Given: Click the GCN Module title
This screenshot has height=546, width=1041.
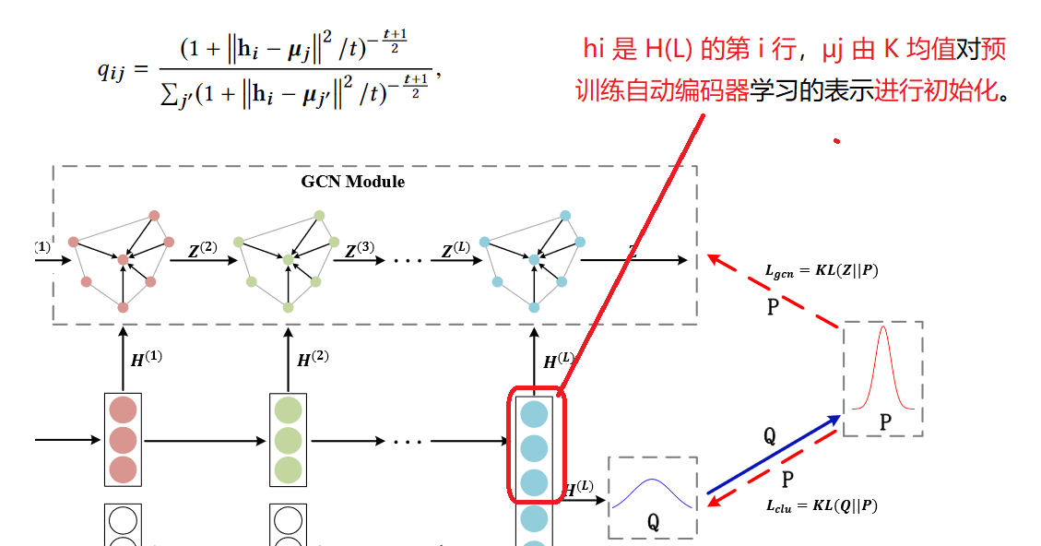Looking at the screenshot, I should [x=352, y=182].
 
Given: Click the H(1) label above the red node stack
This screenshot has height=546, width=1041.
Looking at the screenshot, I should [x=146, y=357].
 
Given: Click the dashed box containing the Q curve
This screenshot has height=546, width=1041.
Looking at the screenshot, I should [x=653, y=497].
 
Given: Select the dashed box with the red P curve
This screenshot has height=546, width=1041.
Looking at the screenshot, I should [x=882, y=378].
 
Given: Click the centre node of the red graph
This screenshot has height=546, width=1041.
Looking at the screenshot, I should [x=124, y=261].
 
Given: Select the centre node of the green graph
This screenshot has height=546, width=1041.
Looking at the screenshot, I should [x=288, y=261].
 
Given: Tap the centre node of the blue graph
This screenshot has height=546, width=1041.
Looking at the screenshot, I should [x=533, y=261].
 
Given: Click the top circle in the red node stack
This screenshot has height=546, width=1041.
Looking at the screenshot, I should [x=123, y=409].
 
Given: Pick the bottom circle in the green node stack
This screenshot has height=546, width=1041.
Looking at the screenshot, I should [x=288, y=469].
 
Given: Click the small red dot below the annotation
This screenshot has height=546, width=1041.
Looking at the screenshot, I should [x=836, y=141].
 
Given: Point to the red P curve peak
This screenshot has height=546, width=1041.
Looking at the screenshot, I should [x=882, y=328].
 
